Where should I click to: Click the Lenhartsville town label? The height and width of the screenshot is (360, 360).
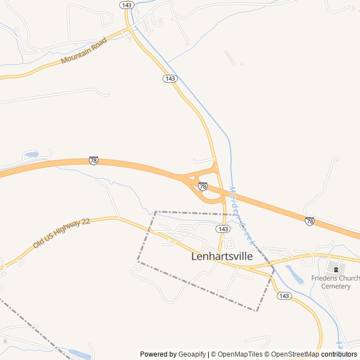(x=222, y=256)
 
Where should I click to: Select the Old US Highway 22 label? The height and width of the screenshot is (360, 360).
(x=61, y=233)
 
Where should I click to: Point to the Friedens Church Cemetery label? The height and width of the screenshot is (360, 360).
(x=336, y=282)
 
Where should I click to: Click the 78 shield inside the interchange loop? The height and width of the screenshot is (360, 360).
(x=202, y=186)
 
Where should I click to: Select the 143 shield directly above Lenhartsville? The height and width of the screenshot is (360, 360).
(x=223, y=229)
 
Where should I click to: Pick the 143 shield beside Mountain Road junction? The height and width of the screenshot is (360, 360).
(x=127, y=4)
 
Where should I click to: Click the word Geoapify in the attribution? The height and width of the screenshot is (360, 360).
(x=192, y=354)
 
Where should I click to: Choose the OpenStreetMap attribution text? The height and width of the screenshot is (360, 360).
(x=294, y=354)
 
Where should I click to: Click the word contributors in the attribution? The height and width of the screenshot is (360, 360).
(x=340, y=354)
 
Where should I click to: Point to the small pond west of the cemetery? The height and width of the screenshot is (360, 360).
(x=294, y=274)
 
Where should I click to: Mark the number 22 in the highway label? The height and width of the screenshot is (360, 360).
(x=85, y=222)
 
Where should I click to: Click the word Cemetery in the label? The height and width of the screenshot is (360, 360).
(x=336, y=286)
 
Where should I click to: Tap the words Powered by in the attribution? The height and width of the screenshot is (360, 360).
(x=158, y=354)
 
